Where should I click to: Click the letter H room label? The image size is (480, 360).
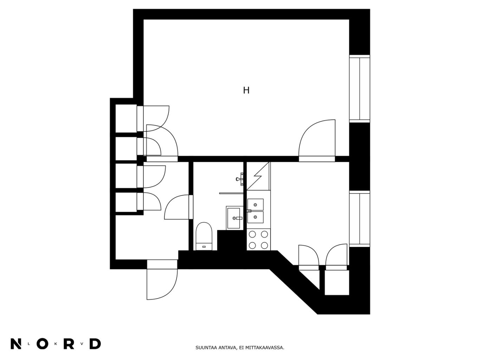[246, 90]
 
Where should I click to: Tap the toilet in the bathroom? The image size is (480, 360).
[204, 236]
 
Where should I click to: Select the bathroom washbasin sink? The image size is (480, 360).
[234, 218]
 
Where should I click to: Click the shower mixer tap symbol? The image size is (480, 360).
[240, 179]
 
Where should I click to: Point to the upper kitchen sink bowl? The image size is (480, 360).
[255, 205]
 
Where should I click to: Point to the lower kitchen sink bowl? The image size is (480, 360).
[255, 217]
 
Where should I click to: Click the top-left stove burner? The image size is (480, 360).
[252, 234]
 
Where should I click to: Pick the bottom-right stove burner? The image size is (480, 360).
[264, 246]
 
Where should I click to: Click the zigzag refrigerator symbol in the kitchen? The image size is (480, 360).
[258, 176]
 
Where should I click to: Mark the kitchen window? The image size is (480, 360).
[359, 218]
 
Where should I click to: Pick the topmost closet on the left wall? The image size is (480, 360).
[126, 118]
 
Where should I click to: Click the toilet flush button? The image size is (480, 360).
[204, 247]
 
